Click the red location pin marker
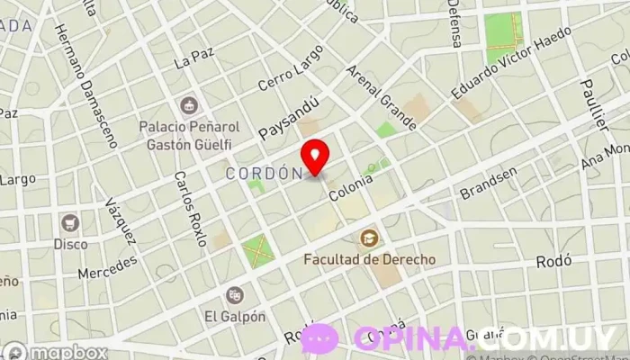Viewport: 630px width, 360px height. click(x=316, y=157)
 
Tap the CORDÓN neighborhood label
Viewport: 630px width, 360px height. click(x=263, y=173)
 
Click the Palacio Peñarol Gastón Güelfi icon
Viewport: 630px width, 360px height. click(x=189, y=107)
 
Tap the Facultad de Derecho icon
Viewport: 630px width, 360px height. click(x=369, y=238)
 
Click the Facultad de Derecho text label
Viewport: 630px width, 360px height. click(x=369, y=259)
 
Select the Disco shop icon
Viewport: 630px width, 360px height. click(x=70, y=222)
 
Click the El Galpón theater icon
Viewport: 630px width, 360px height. click(x=235, y=295)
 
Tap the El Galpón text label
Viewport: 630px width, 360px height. click(x=235, y=316)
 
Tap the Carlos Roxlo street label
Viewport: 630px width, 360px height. click(x=190, y=209)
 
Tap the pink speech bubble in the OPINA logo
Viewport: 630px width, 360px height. click(x=319, y=338)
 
